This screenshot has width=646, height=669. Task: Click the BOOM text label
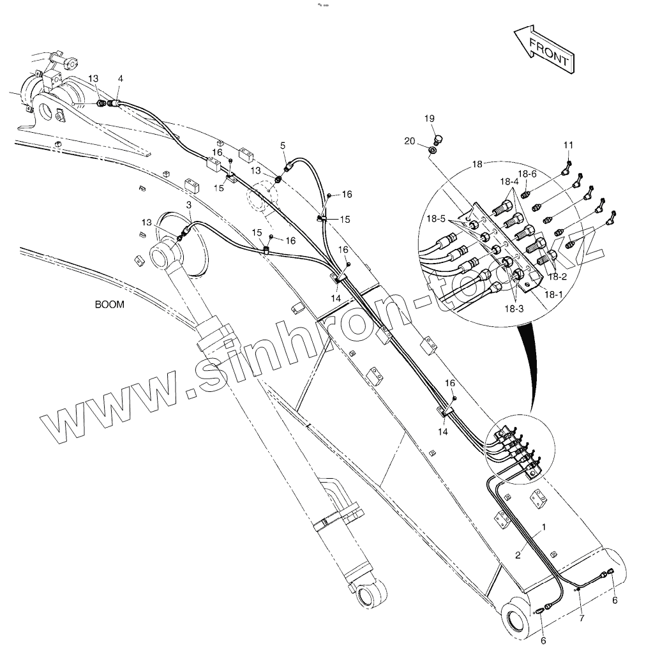110,304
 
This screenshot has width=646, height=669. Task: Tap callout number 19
429,118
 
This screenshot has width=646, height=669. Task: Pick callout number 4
120,79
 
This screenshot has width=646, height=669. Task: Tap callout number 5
283,146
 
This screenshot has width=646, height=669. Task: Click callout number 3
189,204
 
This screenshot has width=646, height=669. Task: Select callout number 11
568,146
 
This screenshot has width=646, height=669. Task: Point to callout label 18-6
527,174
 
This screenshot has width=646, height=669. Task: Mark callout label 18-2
557,276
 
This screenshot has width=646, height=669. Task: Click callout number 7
582,618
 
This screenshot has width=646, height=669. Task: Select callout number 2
518,555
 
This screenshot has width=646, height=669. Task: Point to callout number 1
544,527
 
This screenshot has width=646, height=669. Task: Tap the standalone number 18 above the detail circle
478,164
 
